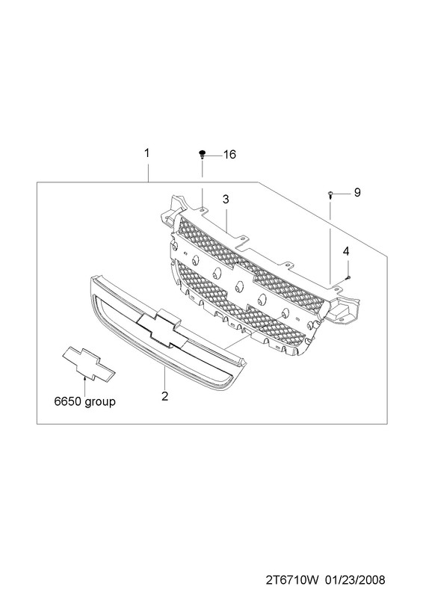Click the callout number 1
tap(146, 153)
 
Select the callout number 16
tap(229, 155)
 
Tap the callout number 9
tap(357, 193)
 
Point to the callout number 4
tap(346, 251)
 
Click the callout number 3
tap(226, 199)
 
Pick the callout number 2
tap(164, 396)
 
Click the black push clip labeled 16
tap(203, 155)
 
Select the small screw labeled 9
tap(330, 195)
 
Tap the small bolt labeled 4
tap(348, 277)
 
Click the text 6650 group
tap(84, 401)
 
